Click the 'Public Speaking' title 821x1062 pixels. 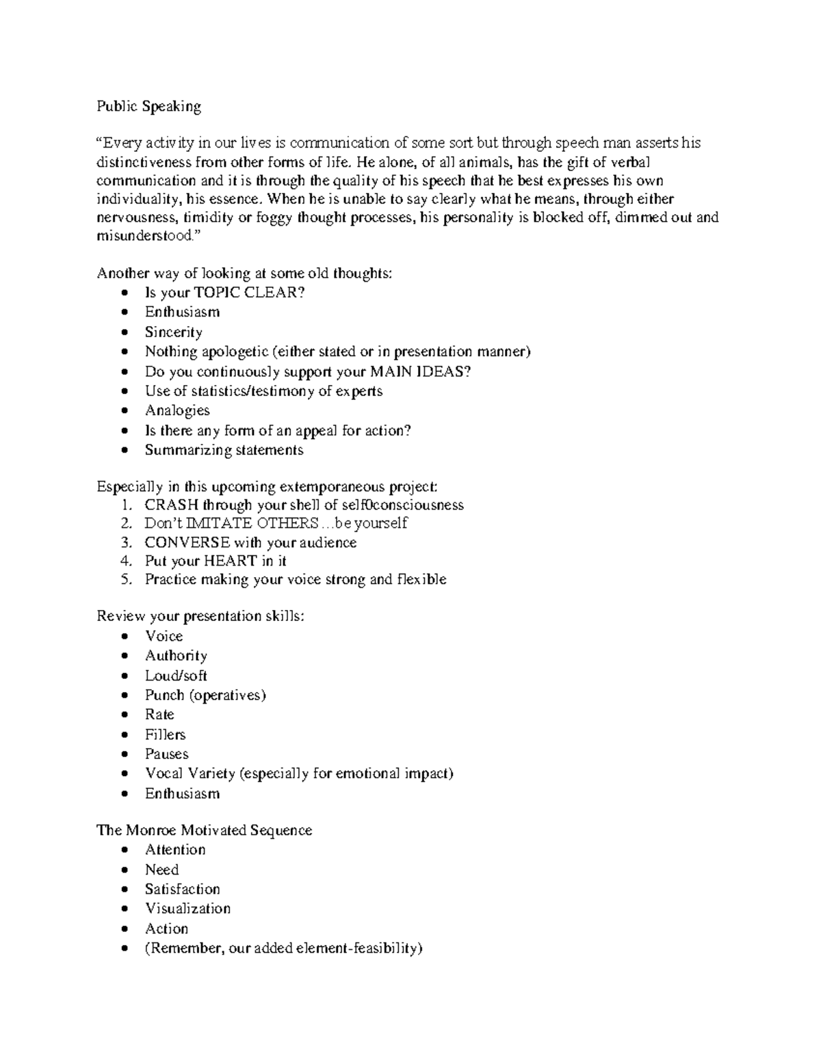point(148,106)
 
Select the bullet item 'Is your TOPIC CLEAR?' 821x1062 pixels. point(224,293)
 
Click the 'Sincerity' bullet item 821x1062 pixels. point(173,332)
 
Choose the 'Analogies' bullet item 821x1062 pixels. point(177,410)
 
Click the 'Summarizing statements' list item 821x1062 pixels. point(224,450)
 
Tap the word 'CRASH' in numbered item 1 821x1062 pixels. point(171,505)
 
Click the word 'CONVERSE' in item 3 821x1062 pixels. point(187,542)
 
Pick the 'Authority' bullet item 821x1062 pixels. point(176,656)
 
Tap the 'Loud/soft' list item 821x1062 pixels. point(176,676)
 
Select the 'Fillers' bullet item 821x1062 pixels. point(165,734)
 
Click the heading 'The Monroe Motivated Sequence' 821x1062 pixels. point(204,830)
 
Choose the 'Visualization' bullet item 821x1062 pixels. point(187,909)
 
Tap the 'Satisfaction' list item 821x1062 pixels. point(182,889)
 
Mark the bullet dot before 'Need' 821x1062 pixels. point(123,871)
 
